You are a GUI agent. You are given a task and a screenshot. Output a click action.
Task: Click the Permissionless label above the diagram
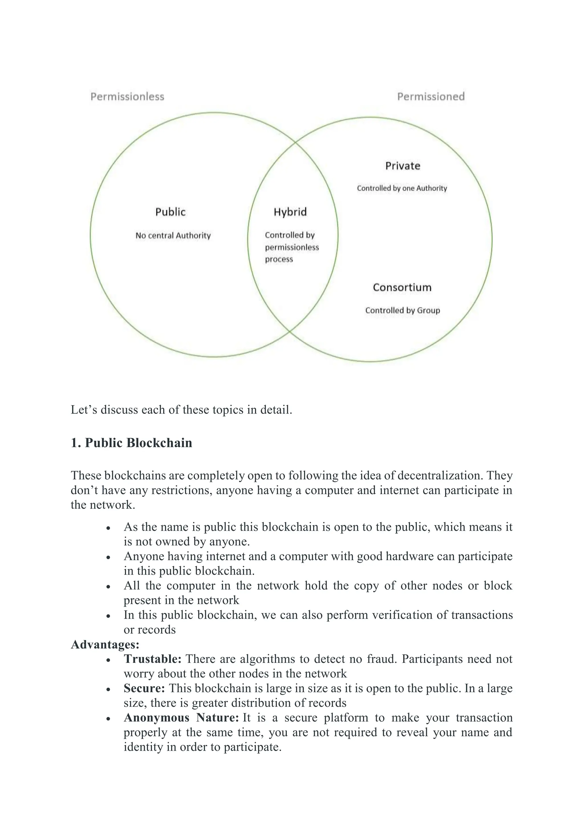point(127,96)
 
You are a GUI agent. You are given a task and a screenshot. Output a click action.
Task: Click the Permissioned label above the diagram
point(431,96)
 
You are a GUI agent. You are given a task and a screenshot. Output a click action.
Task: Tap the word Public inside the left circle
point(171,212)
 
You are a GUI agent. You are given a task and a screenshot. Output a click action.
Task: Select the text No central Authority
point(173,236)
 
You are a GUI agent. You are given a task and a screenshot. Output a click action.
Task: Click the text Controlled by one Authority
point(402,188)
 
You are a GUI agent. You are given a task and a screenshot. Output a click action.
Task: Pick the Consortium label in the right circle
point(402,288)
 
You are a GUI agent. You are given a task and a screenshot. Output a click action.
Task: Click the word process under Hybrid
point(279,259)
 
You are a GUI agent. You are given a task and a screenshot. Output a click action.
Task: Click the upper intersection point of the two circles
point(295,142)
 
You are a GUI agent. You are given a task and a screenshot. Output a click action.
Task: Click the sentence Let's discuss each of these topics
point(181,410)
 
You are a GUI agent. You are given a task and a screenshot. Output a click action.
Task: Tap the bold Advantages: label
point(105,644)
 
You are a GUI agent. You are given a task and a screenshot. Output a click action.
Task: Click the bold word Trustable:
point(153,659)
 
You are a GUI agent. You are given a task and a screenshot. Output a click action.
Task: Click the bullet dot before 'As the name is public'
point(108,528)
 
